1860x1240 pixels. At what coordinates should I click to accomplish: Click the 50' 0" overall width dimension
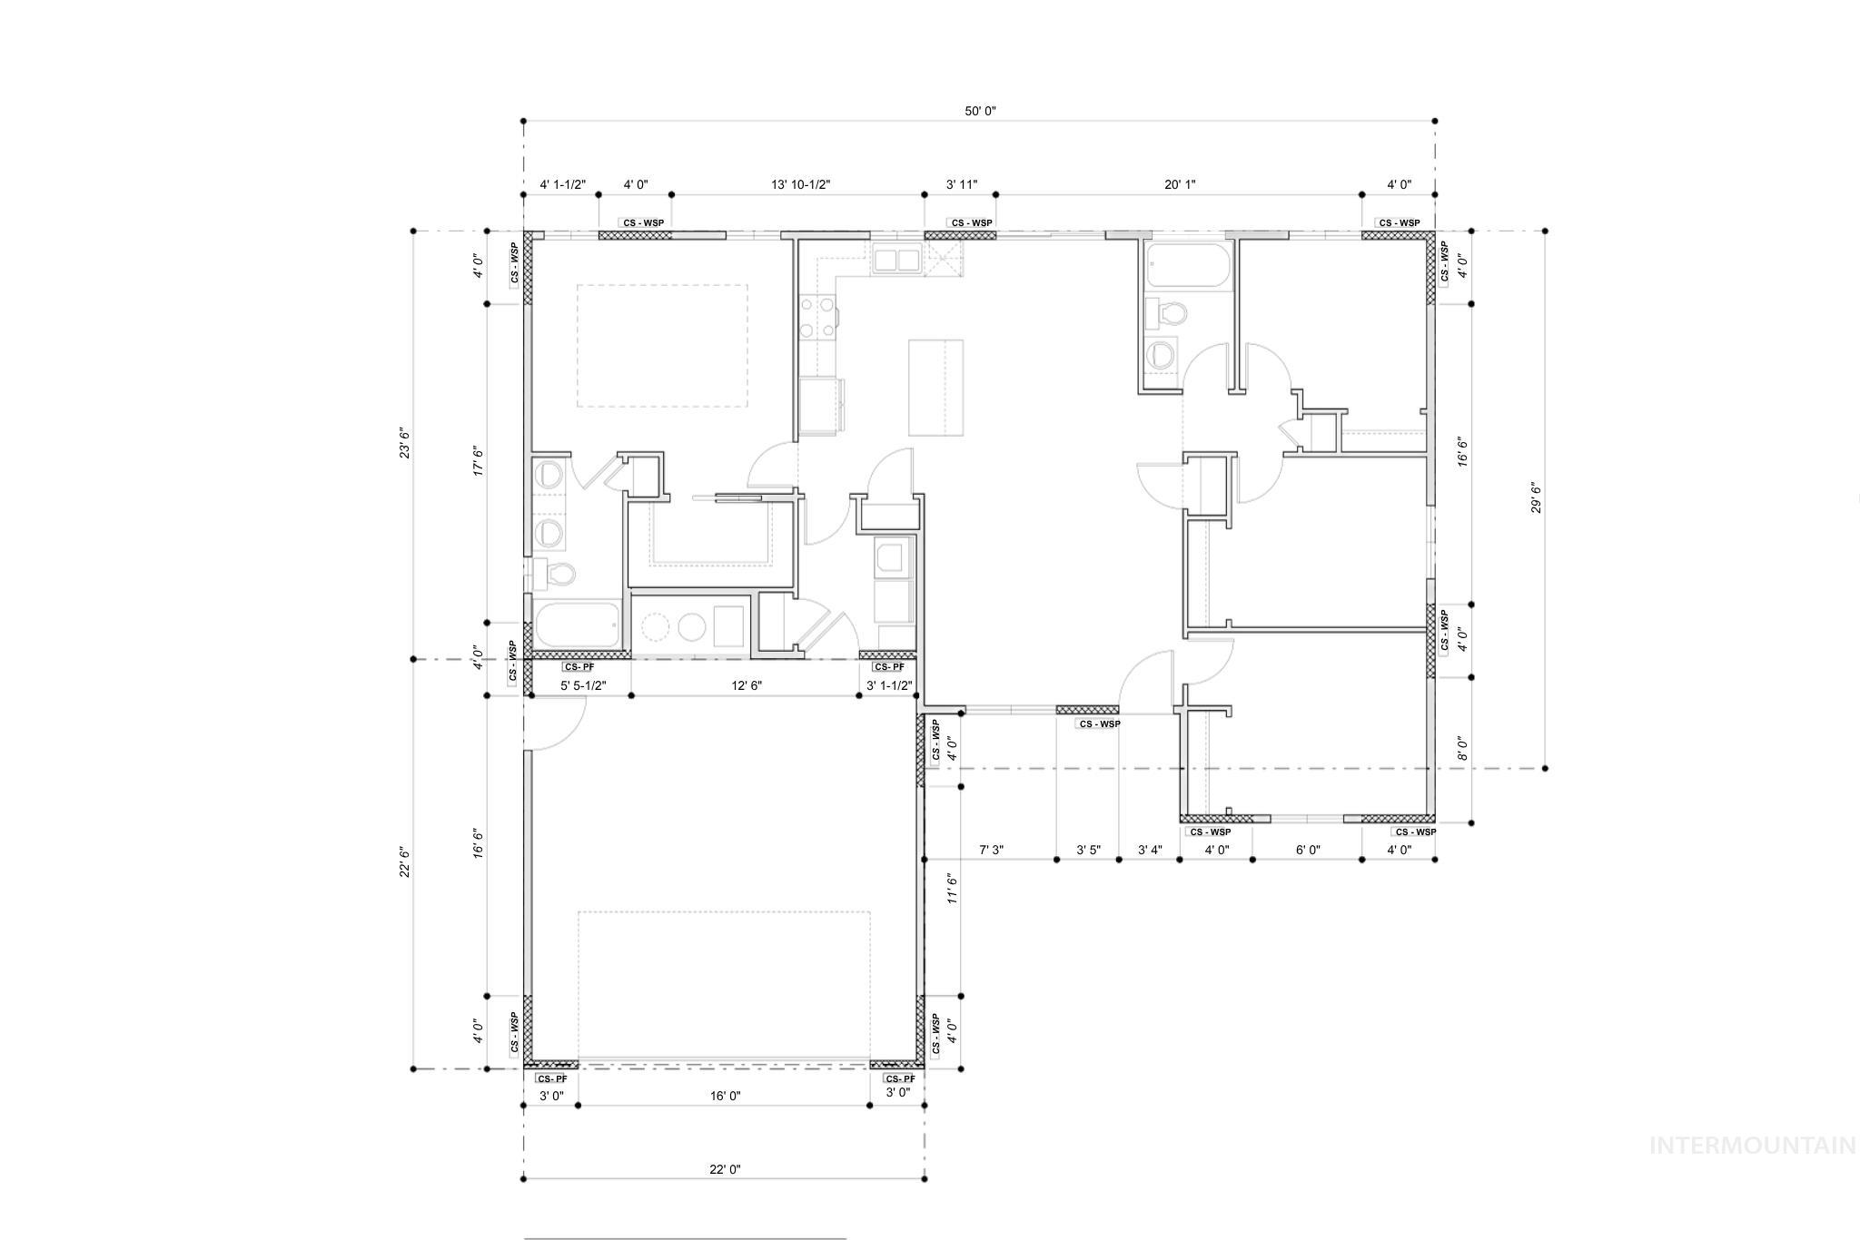click(980, 112)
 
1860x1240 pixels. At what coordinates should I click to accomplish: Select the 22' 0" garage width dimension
click(725, 1169)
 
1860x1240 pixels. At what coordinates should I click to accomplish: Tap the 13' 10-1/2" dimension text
click(800, 185)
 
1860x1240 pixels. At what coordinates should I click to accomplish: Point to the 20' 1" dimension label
click(1180, 185)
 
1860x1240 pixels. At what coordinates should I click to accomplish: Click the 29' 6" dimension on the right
click(1536, 498)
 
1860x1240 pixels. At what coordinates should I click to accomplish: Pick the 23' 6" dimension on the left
click(405, 443)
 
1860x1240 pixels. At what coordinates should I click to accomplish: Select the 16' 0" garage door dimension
click(725, 1096)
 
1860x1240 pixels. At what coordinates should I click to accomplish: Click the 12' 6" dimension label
click(747, 685)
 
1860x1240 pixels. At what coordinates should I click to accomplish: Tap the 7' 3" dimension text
click(991, 850)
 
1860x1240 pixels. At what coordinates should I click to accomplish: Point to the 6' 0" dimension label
click(1308, 850)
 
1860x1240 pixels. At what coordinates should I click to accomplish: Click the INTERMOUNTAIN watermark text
click(1752, 1146)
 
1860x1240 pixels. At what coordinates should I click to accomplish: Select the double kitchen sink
click(896, 260)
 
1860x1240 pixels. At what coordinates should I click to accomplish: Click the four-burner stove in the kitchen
click(817, 318)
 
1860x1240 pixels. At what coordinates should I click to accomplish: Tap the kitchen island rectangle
click(935, 388)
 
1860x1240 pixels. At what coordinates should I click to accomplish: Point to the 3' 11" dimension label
click(962, 185)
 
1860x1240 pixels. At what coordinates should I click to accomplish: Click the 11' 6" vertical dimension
click(952, 889)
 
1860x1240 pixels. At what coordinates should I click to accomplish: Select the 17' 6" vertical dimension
click(479, 461)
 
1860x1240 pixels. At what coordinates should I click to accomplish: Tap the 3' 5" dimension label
click(1088, 850)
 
